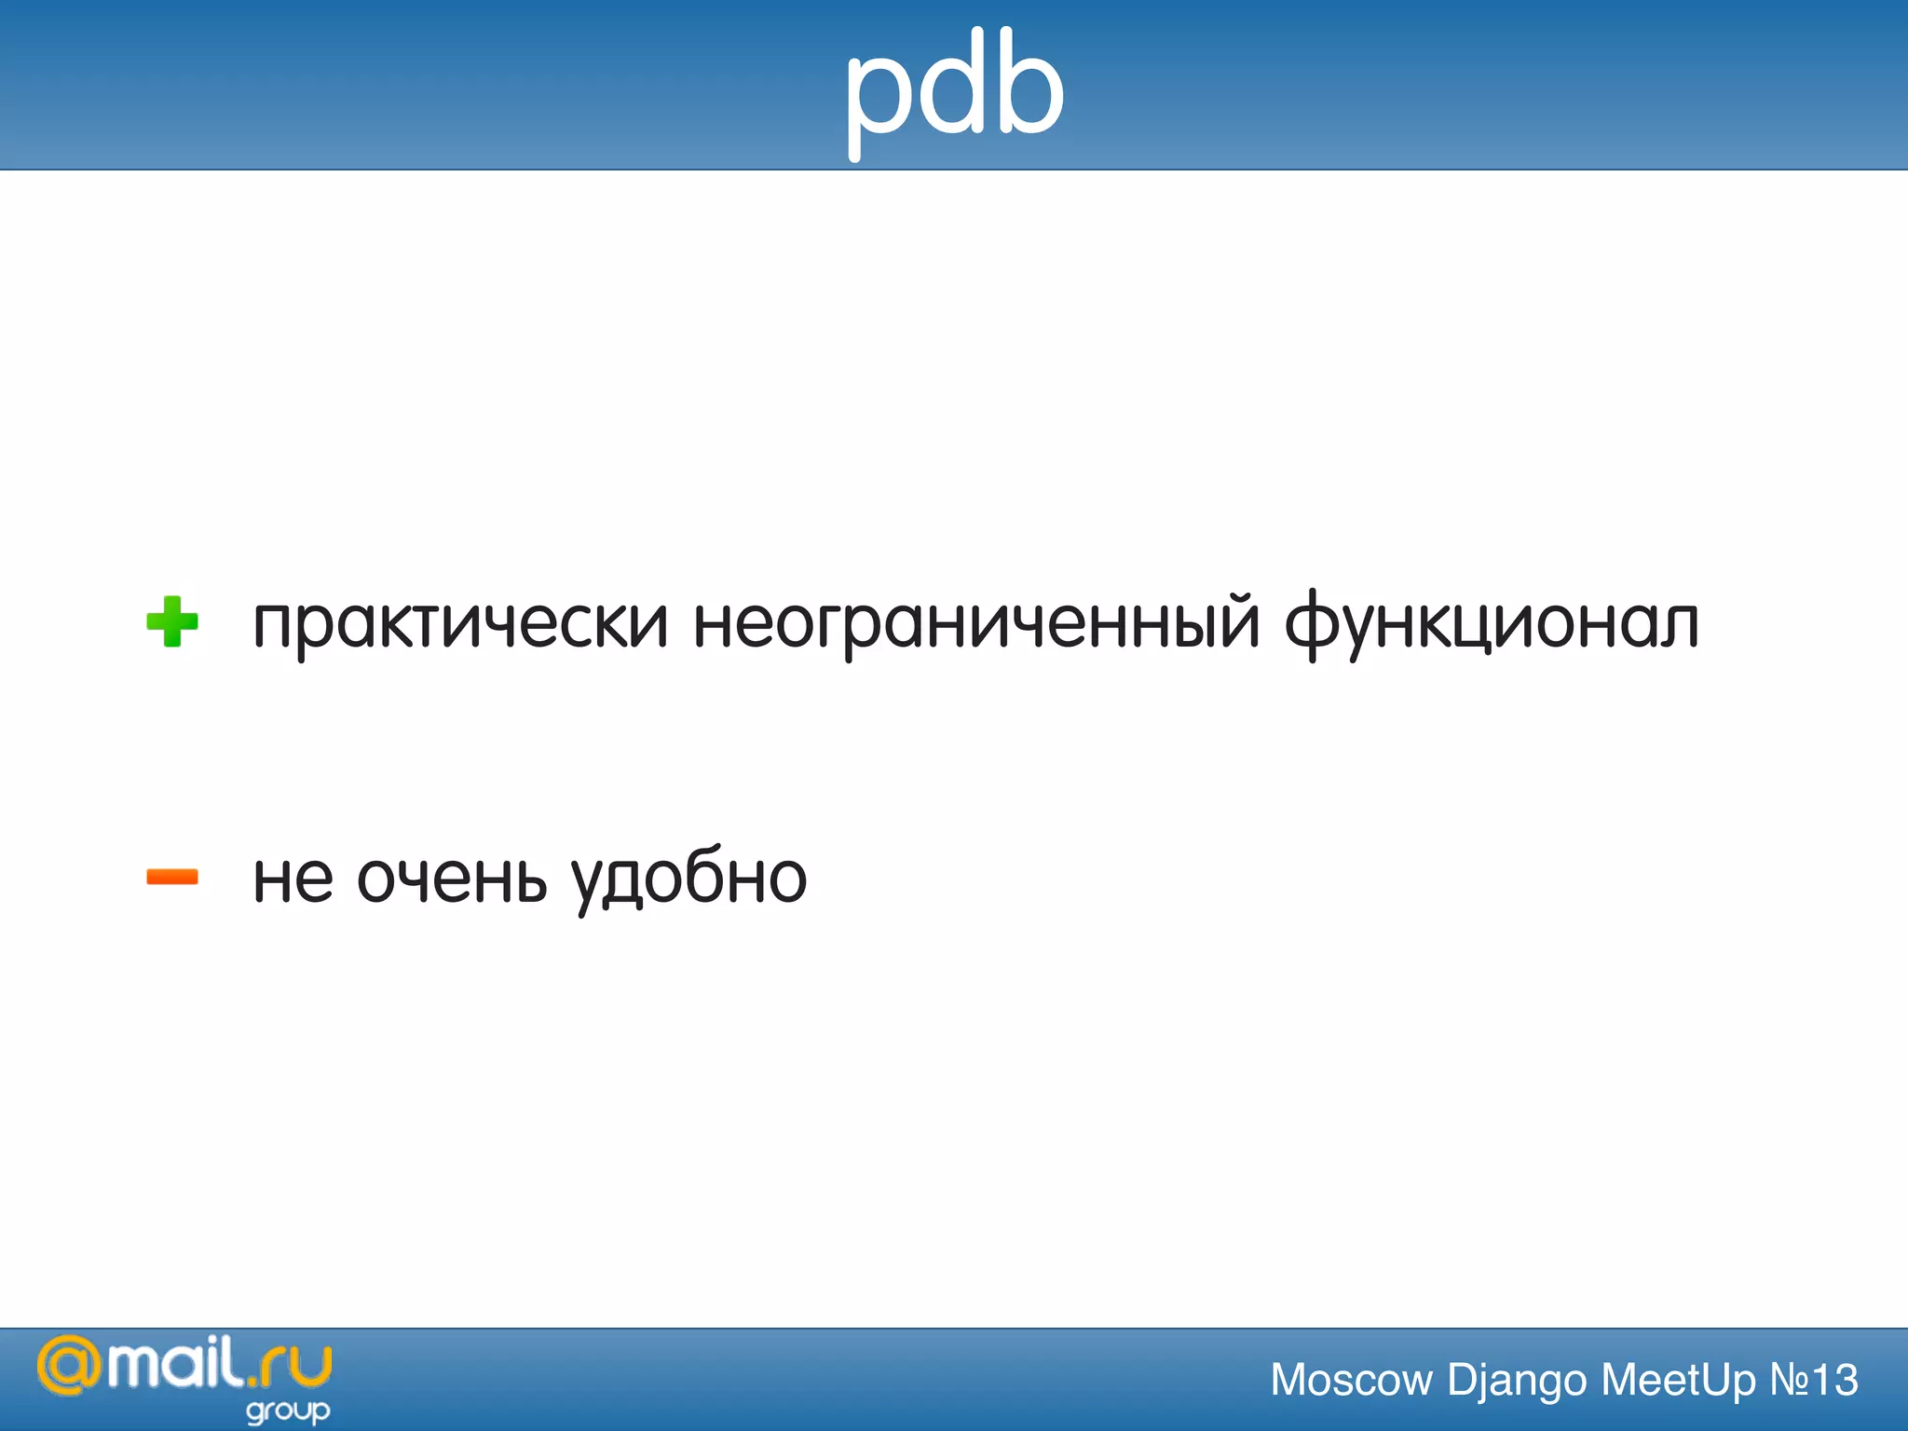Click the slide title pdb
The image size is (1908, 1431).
click(x=954, y=89)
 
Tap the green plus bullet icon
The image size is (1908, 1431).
click(x=172, y=621)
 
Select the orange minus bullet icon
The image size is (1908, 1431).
click(x=172, y=877)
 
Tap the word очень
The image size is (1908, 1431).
click(x=452, y=878)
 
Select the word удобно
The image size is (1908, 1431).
click(x=689, y=878)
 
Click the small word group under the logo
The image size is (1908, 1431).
click(x=288, y=1411)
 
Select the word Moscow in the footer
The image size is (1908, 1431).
click(x=1351, y=1380)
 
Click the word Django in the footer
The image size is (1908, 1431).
click(x=1517, y=1380)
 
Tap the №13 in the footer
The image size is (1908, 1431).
click(x=1814, y=1380)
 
